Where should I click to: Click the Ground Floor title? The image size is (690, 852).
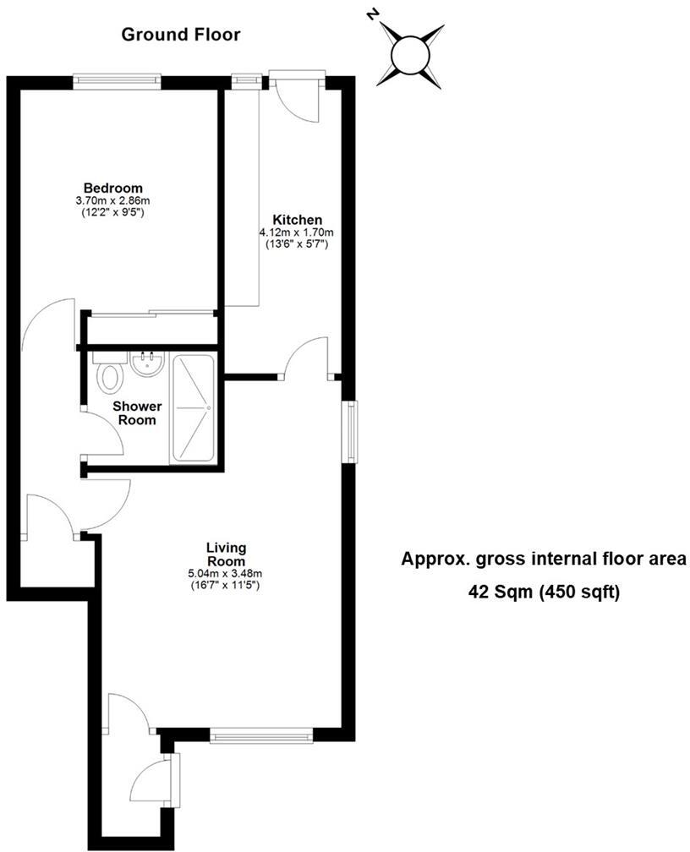click(181, 35)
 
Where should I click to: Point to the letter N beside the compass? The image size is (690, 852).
click(372, 14)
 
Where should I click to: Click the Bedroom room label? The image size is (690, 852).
click(112, 188)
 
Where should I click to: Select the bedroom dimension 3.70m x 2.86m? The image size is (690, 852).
click(112, 200)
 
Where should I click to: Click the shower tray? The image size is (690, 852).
click(194, 408)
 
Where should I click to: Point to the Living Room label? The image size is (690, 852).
click(226, 554)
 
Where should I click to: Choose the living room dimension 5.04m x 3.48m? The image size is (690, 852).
click(226, 573)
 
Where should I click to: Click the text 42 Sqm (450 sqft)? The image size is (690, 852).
click(545, 592)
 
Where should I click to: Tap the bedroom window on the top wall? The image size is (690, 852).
click(117, 80)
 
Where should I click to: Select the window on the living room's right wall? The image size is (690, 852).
click(348, 432)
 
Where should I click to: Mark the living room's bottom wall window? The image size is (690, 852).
click(261, 737)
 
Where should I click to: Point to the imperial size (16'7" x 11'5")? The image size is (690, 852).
click(226, 584)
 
